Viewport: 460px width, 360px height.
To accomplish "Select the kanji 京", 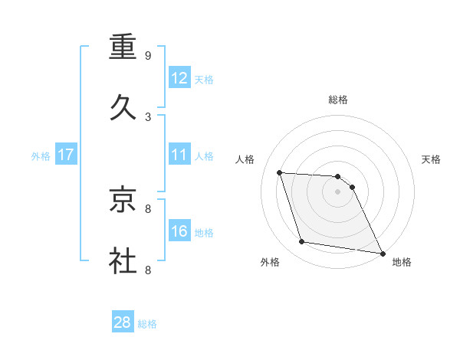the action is tap(123, 200).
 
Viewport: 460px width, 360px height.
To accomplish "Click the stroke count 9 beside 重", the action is tap(148, 56).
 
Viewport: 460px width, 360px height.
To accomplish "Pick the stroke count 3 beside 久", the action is tap(148, 117).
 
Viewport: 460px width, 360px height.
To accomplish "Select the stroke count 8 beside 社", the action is tap(148, 270).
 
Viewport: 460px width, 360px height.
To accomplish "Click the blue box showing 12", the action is tap(179, 78).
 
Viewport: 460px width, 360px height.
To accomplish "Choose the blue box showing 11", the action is tap(179, 155).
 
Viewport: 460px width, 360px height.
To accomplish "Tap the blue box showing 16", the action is tap(179, 231).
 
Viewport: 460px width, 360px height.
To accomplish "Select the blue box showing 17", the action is tap(66, 155).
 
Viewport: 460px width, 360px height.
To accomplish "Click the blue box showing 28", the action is tap(123, 322).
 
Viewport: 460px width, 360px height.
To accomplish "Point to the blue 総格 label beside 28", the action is tap(147, 324).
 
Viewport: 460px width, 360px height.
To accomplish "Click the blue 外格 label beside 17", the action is tap(41, 156).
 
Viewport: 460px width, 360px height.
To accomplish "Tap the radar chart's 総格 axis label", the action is tap(338, 100).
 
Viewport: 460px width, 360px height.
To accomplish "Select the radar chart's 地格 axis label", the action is tap(402, 262).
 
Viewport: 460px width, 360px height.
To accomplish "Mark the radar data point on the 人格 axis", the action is tap(280, 172).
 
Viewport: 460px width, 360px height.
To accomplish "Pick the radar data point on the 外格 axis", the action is tap(302, 242).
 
